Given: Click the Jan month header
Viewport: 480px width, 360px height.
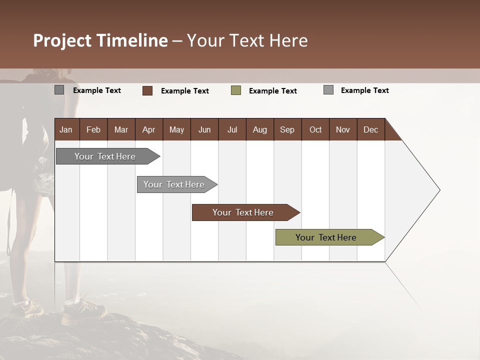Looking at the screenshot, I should coord(66,129).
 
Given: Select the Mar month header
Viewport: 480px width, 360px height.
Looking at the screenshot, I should coord(121,129).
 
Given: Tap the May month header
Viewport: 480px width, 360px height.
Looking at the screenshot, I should coord(176,129).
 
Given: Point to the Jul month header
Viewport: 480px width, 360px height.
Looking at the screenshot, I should coord(232,129).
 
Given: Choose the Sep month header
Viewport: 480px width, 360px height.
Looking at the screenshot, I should coord(287,129).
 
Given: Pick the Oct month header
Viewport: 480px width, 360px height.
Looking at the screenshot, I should coord(315,129).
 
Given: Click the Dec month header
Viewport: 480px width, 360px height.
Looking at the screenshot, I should coord(370,129).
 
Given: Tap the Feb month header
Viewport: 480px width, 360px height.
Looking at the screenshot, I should coord(93,129).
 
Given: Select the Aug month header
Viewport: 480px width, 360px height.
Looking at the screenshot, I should coord(259,129).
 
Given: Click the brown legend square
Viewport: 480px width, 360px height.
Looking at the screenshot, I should coord(147,90).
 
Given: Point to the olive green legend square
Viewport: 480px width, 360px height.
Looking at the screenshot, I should coord(236,90).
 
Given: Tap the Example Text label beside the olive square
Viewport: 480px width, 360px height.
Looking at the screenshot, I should coord(272,91).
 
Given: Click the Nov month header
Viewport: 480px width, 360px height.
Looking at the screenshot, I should coord(343,129).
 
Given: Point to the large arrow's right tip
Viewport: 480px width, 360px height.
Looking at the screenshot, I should coord(439,190).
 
